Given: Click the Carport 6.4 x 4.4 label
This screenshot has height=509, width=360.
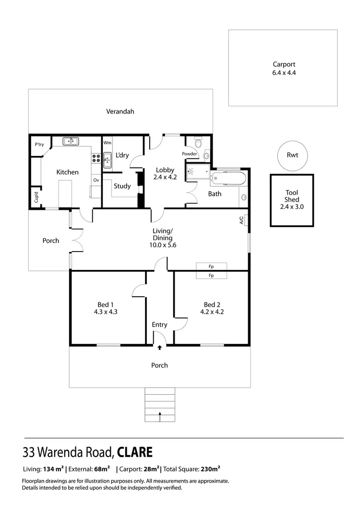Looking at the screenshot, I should [283, 69].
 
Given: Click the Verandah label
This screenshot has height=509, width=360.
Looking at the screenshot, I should [120, 111].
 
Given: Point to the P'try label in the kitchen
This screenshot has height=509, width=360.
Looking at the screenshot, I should [39, 144].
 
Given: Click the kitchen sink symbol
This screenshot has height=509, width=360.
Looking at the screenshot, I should [72, 141].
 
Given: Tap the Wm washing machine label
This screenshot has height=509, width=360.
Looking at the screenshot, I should [107, 143].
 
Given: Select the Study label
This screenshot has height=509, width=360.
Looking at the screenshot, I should [122, 186].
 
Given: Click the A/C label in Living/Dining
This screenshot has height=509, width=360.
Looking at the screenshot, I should [241, 220].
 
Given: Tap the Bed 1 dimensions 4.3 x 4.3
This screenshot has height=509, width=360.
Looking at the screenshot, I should [106, 312].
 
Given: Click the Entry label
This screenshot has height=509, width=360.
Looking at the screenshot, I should [159, 325].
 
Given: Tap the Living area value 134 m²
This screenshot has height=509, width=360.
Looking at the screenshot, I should [54, 469].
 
